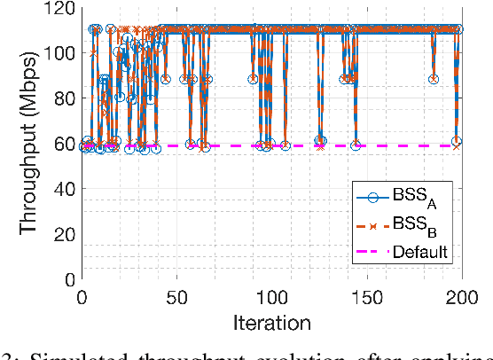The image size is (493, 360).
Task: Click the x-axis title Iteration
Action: click(273, 321)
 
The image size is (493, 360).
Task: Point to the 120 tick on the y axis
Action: click(62, 7)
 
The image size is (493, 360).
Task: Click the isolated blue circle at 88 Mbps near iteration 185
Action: click(433, 79)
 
